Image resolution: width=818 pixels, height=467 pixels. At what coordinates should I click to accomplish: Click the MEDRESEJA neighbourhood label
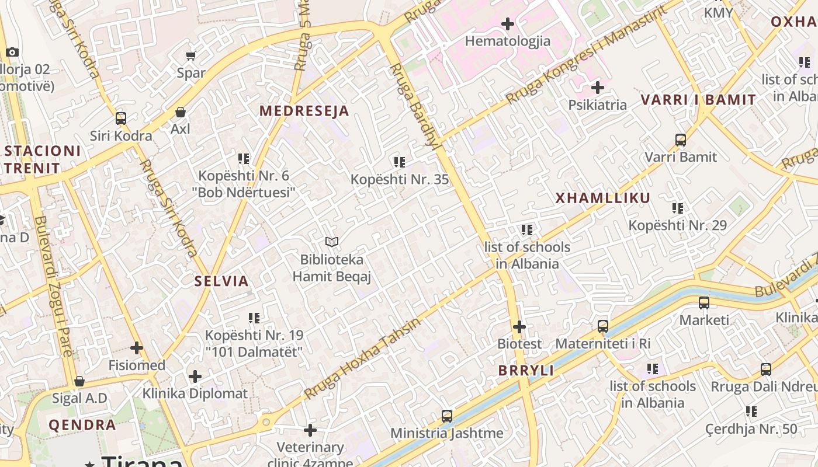coord(304,111)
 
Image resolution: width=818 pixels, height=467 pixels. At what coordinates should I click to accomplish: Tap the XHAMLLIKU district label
coord(602,198)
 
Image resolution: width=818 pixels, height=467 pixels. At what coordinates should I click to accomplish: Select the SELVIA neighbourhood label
coord(221,281)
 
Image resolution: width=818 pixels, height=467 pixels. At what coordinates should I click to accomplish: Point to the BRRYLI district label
coord(526,371)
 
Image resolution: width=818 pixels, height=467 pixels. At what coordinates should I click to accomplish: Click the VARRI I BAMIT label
coord(698,100)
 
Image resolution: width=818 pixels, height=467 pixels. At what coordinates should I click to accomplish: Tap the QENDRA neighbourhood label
coord(82,425)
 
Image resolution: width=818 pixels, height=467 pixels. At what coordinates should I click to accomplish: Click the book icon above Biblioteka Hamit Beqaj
coord(332,242)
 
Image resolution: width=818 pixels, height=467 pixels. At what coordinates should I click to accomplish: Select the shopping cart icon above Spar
coord(191,56)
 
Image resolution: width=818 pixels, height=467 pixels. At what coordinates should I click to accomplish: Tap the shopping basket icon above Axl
coord(181,111)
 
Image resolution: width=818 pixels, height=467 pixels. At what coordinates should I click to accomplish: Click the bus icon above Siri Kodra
coord(121,119)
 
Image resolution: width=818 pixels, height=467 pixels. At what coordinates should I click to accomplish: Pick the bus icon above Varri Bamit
coord(681,140)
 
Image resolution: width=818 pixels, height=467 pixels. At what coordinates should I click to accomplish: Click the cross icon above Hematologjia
coord(508,24)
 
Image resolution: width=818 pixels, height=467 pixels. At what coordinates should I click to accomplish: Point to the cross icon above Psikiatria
coord(598,88)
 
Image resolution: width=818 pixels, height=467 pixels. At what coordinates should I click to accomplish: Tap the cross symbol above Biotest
coord(519,327)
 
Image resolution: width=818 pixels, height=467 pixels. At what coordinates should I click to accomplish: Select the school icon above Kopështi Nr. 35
coord(400,162)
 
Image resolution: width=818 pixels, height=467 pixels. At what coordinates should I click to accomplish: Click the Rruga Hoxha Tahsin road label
coord(362,359)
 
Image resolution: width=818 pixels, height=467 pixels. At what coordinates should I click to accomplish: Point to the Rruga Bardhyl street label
coord(414,106)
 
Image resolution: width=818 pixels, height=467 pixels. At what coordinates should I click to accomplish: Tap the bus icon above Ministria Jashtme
coord(447,416)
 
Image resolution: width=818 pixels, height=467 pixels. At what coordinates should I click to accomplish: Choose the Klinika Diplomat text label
coord(195,393)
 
